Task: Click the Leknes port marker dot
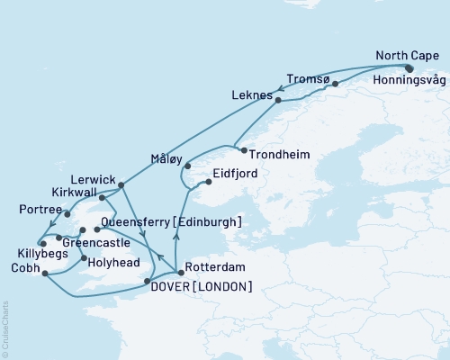[278, 100]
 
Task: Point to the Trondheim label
[280, 155]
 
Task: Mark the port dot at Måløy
[187, 166]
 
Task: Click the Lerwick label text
[92, 179]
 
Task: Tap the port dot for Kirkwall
[103, 197]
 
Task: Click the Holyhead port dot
[83, 259]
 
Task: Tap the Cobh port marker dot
[42, 277]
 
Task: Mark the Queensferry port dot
[96, 229]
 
